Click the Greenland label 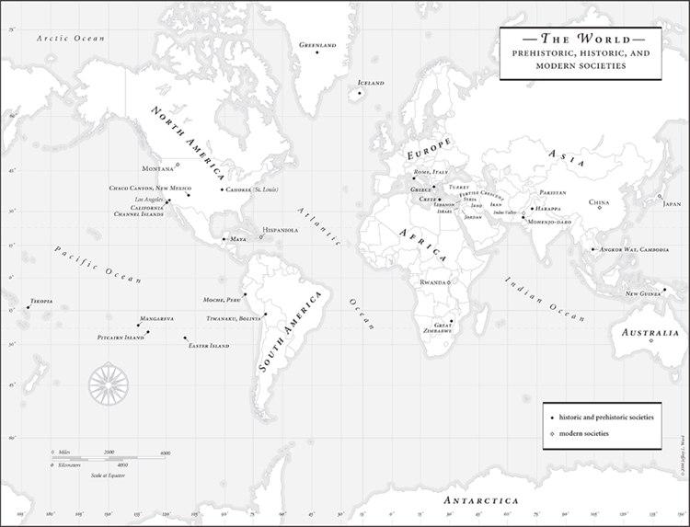317,44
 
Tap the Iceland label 370,83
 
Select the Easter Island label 208,346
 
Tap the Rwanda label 433,282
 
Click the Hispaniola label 281,230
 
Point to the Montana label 157,168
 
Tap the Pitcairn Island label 121,338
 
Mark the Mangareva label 156,318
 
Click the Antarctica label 479,500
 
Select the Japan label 672,204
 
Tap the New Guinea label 644,294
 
